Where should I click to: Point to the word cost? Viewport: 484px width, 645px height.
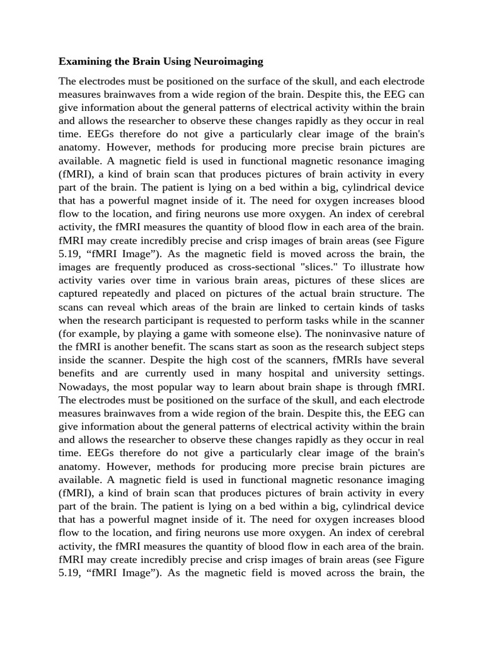178,359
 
